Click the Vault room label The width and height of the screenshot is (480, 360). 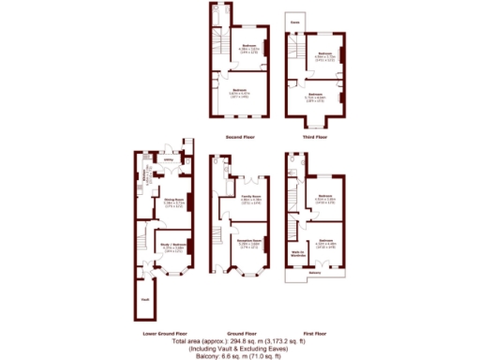point(144,299)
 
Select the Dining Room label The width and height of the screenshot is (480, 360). point(172,200)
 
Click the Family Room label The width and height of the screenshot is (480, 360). point(249,196)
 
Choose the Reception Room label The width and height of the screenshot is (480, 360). point(248,242)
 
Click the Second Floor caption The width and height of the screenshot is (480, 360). point(241,137)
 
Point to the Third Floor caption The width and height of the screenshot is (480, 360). point(314,137)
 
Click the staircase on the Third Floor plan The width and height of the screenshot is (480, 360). point(293,52)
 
